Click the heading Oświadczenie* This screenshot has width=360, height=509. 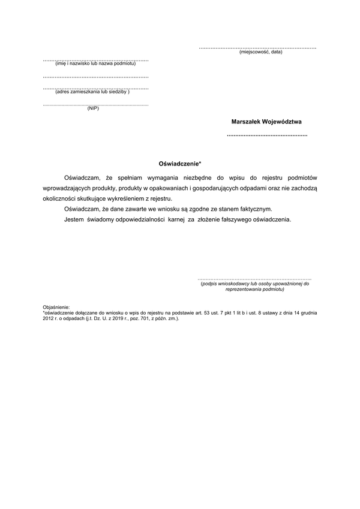point(179,162)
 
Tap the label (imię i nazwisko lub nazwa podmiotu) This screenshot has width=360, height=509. point(95,64)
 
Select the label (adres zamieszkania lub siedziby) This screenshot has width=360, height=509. point(92,92)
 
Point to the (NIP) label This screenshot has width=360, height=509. point(93,109)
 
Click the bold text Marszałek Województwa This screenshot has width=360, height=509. point(266,121)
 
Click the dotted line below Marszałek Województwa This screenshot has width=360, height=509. point(267,136)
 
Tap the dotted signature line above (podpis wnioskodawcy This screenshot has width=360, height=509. point(254,279)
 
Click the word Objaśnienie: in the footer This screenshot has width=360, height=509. point(56,307)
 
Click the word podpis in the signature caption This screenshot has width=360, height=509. point(211,284)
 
